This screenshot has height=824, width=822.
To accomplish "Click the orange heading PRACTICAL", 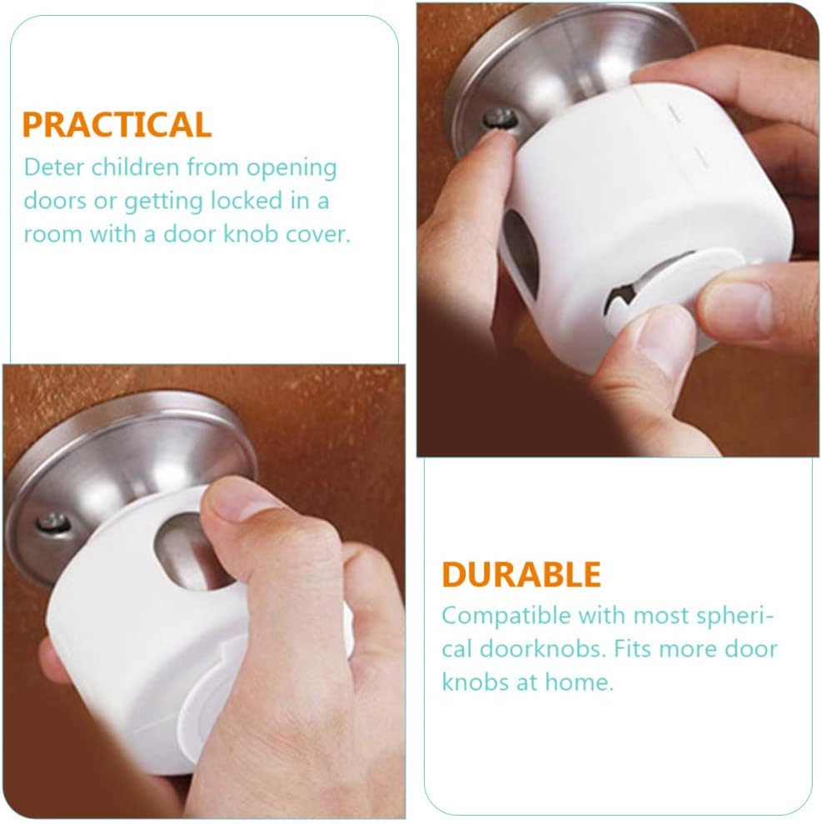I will (117, 124).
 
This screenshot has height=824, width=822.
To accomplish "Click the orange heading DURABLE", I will (521, 575).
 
